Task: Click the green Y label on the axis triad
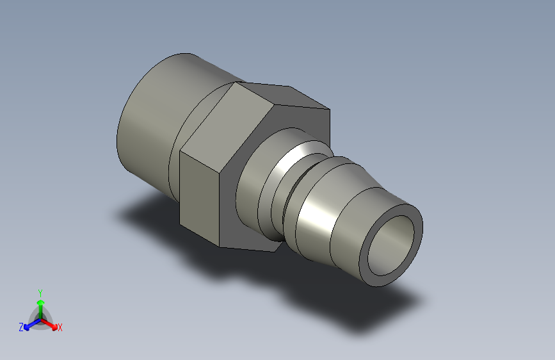[x=40, y=291]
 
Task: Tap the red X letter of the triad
[x=60, y=328]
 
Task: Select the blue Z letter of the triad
[x=21, y=327]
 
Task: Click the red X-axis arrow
[x=52, y=323]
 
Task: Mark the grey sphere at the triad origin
[x=40, y=317]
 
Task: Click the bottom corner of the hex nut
[x=221, y=247]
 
